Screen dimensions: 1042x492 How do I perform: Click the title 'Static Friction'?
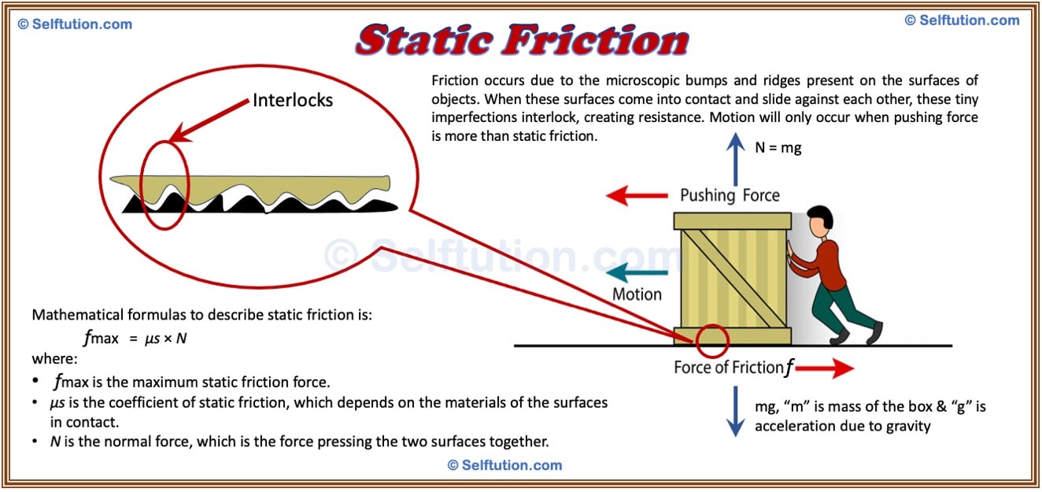pyautogui.click(x=522, y=39)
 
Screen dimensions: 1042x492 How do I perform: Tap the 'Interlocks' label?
pyautogui.click(x=292, y=100)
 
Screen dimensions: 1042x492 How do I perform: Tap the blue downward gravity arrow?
pyautogui.click(x=735, y=410)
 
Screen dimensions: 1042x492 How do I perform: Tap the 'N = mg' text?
pyautogui.click(x=778, y=147)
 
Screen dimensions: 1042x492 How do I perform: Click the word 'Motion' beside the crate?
pyautogui.click(x=637, y=294)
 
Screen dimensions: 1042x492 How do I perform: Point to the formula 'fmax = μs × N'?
pyautogui.click(x=135, y=338)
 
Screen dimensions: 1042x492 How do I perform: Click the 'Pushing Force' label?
pyautogui.click(x=730, y=195)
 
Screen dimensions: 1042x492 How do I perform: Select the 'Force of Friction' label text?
pyautogui.click(x=729, y=368)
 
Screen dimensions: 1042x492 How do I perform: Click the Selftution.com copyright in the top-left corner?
pyautogui.click(x=75, y=24)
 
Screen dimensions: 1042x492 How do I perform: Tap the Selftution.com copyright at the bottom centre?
pyautogui.click(x=504, y=465)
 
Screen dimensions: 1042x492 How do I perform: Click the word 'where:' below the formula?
pyautogui.click(x=54, y=359)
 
